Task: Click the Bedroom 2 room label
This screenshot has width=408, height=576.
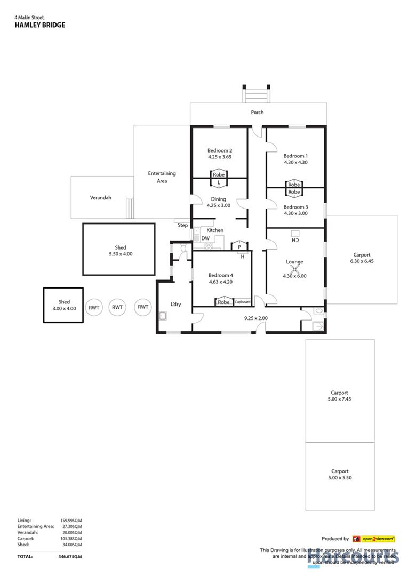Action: click(219, 150)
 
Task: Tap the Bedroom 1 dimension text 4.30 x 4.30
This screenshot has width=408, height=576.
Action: click(295, 162)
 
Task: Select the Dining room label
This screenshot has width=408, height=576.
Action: click(219, 199)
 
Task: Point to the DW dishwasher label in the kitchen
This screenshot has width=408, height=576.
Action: click(205, 238)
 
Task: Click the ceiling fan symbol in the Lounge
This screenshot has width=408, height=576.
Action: click(294, 269)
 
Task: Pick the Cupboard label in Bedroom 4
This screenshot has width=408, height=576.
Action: click(242, 302)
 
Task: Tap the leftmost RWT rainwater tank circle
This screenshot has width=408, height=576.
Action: click(94, 307)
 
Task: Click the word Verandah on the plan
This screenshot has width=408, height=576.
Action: click(100, 198)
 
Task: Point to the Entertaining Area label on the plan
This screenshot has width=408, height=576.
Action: click(162, 177)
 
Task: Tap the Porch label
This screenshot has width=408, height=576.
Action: click(258, 113)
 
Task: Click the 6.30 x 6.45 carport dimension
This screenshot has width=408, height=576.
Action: click(362, 262)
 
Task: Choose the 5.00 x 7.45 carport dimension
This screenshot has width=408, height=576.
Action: click(340, 399)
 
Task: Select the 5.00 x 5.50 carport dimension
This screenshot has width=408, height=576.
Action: click(340, 478)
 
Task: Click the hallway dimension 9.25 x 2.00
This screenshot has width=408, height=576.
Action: click(255, 318)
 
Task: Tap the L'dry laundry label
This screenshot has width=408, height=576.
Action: click(176, 305)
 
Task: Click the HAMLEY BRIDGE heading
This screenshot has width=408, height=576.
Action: click(40, 25)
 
